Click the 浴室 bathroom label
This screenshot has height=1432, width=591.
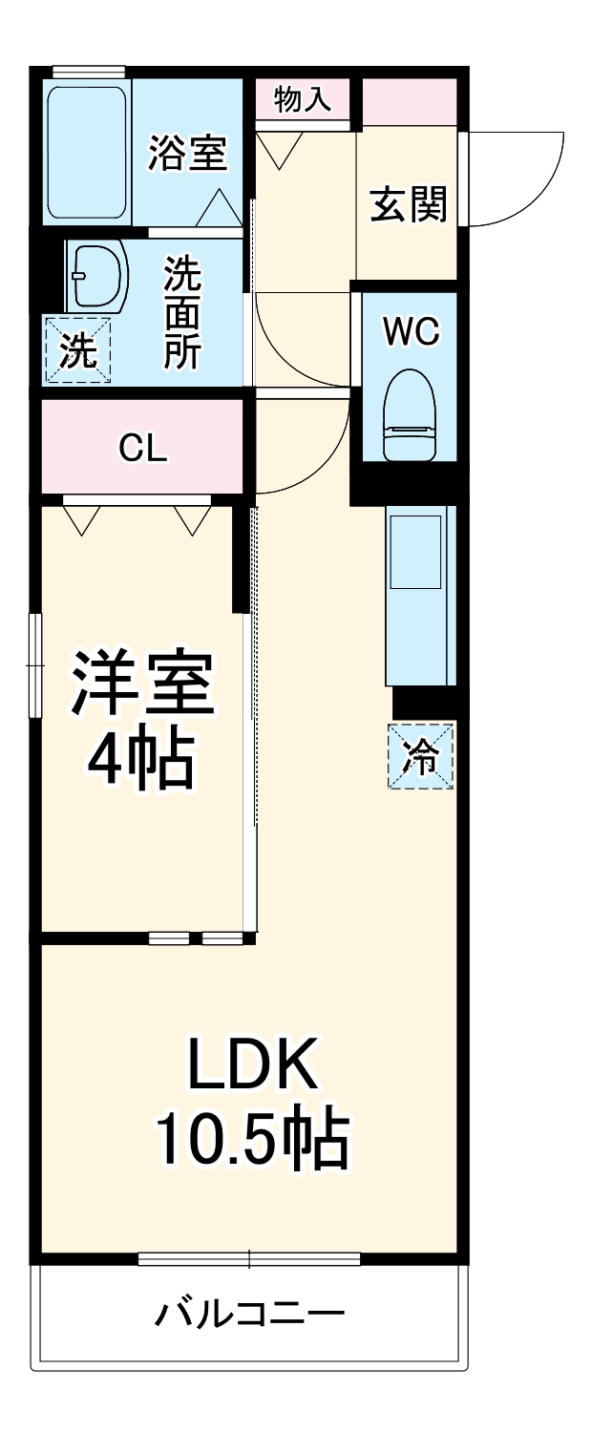click(187, 153)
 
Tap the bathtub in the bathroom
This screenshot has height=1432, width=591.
click(87, 153)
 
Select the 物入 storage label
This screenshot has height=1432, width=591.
click(302, 99)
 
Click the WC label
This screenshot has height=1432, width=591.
click(412, 331)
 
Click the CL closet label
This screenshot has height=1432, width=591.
click(143, 448)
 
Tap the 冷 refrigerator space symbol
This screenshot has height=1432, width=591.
click(420, 755)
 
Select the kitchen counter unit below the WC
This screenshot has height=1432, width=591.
click(419, 593)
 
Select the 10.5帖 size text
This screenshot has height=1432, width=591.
click(252, 1136)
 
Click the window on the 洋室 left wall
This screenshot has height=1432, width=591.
click(36, 663)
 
